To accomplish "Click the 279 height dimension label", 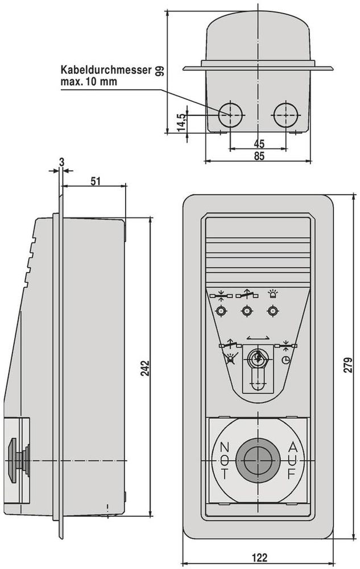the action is click(348, 365).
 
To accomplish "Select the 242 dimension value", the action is click(145, 368).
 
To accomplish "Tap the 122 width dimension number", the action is click(259, 558).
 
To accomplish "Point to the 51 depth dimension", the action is click(96, 181).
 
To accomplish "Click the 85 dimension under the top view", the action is click(259, 156).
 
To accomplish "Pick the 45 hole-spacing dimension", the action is click(259, 144).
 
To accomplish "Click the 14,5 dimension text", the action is click(181, 122).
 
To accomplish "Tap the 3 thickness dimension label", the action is click(62, 162).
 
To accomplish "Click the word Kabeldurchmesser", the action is click(106, 69).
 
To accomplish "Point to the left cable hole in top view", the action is click(230, 115).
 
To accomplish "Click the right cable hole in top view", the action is click(285, 115).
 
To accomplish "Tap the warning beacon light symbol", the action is click(272, 293).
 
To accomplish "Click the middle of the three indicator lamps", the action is click(247, 311).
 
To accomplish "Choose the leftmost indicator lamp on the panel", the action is click(221, 311).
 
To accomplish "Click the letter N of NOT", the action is click(225, 446).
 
